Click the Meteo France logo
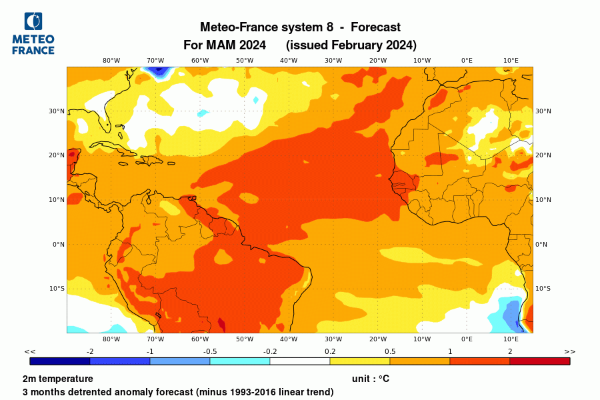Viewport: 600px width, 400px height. point(33,33)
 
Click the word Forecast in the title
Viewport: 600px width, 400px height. point(375,27)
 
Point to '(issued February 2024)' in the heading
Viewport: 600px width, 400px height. point(351,45)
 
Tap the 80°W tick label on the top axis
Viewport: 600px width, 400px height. point(111,60)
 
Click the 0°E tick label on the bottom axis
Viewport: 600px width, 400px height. point(467,339)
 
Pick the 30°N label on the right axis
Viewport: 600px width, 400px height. point(543,111)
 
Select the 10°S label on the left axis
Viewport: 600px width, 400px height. point(57,289)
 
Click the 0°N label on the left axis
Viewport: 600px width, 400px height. point(57,244)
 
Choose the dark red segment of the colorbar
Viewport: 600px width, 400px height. point(539,361)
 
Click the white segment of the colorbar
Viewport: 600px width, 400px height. point(299,361)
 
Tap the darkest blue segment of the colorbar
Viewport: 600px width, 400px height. point(60,361)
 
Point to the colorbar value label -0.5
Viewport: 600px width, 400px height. point(210,351)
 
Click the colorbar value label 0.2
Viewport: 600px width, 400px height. point(330,351)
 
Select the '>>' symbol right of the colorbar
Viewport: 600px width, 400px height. point(569,351)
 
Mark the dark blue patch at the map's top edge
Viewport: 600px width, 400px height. point(157,70)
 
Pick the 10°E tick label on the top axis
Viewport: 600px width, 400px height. point(511,60)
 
